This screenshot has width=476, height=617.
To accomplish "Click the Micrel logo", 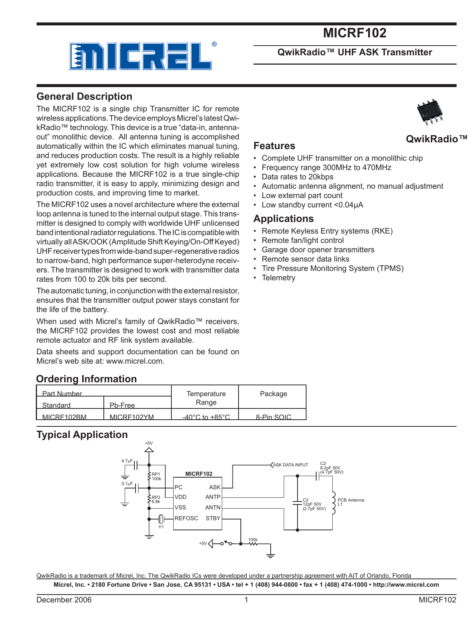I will [140, 56].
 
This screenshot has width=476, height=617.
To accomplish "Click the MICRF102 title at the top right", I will [354, 33].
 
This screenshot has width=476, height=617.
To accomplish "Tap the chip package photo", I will [430, 111].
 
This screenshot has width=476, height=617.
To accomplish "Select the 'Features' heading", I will [274, 146].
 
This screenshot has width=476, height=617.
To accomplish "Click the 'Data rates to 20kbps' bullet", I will [297, 177].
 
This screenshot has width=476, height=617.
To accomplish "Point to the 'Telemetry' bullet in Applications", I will [278, 278].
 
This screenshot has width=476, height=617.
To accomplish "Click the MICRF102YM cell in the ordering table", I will [131, 417].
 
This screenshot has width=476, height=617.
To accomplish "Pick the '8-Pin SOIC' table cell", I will [273, 417].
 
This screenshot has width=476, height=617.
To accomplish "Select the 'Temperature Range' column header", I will [206, 398].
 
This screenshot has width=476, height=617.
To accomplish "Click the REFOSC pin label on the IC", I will [186, 518].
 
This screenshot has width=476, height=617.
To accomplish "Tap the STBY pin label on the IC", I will [213, 518].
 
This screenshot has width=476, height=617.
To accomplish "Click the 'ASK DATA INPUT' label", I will [290, 465].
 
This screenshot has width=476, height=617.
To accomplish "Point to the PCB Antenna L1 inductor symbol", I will [333, 503].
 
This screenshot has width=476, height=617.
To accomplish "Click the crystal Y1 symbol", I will [161, 519].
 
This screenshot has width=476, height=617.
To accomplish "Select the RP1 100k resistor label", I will [156, 476].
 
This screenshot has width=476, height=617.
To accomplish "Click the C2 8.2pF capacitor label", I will [331, 468].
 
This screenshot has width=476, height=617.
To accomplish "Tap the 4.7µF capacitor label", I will [127, 461].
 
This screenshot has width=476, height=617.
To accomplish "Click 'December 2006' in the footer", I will [64, 600].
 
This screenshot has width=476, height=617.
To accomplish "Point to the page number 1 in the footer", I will [246, 600].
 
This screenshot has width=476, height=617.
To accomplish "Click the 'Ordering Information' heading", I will [86, 379].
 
